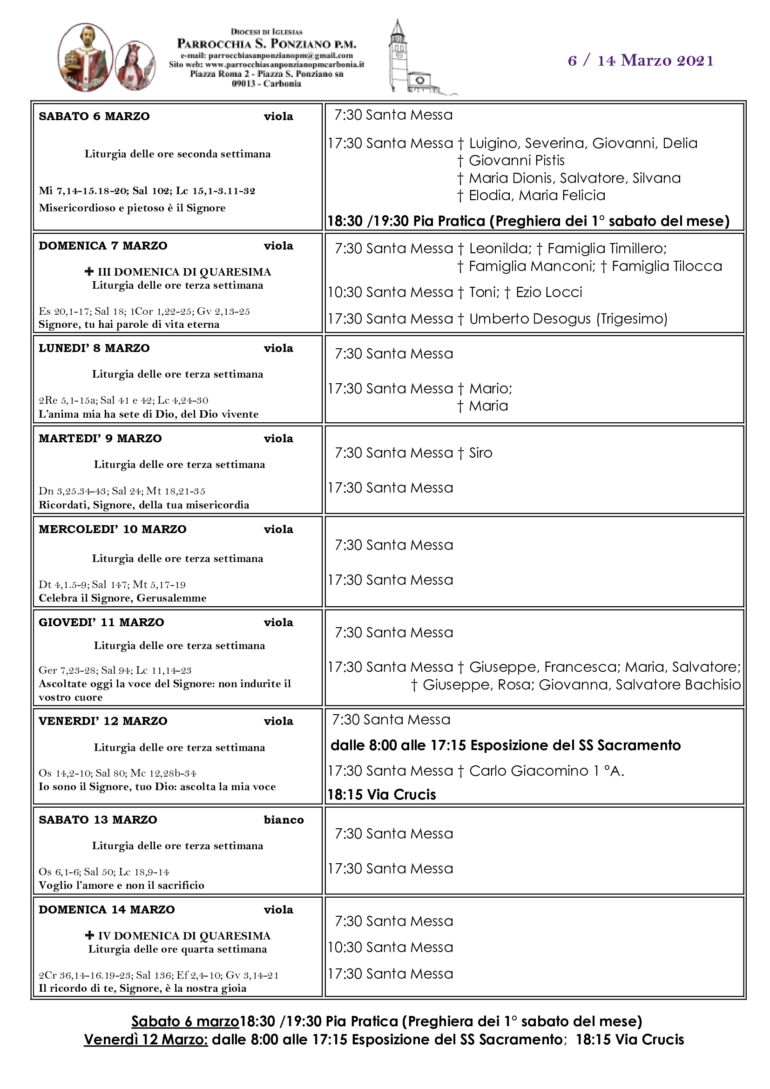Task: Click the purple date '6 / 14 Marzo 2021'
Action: click(641, 61)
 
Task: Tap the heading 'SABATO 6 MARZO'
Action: click(94, 116)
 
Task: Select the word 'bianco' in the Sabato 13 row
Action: click(284, 819)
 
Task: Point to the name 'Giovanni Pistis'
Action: click(516, 161)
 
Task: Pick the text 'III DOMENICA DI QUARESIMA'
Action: click(184, 272)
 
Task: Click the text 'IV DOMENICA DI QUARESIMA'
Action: click(184, 936)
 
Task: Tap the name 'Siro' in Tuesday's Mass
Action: click(480, 453)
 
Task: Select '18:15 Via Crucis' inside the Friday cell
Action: click(382, 794)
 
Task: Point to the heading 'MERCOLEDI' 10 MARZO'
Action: click(112, 529)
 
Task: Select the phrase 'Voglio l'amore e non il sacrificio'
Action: click(122, 885)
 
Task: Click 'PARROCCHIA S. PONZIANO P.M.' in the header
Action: click(266, 44)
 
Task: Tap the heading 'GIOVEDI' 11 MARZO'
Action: click(101, 622)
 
